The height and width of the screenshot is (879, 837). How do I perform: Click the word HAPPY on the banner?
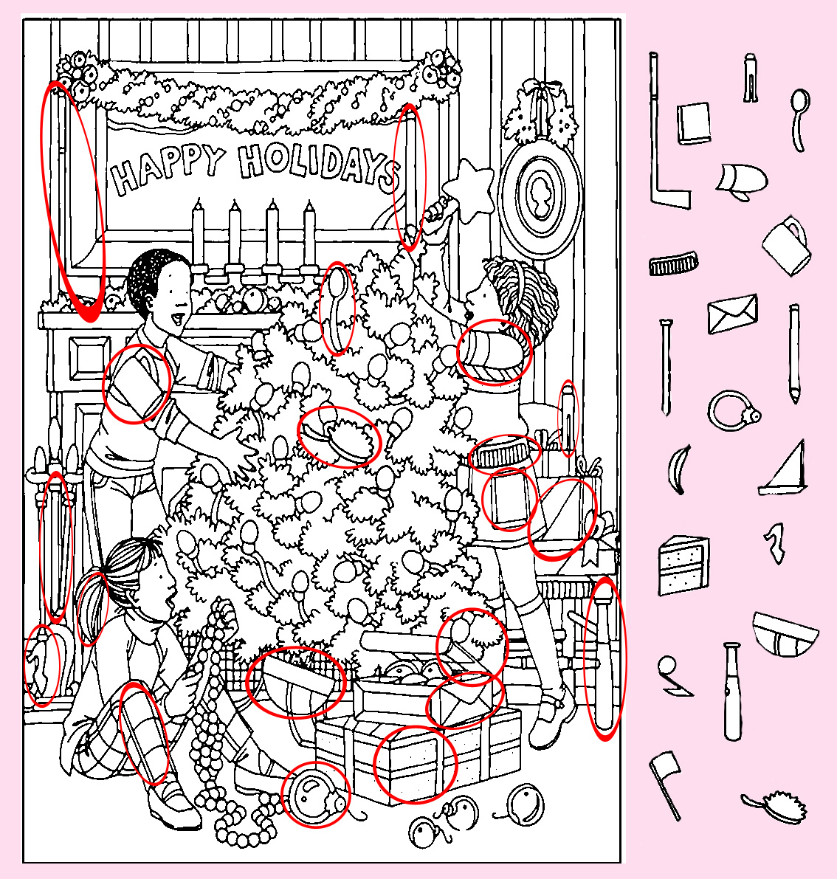(x=168, y=167)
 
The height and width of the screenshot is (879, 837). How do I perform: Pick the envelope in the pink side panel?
(x=733, y=314)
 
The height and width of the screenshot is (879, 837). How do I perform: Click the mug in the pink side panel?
(x=787, y=245)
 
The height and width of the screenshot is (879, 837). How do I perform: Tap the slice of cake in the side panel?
(x=683, y=565)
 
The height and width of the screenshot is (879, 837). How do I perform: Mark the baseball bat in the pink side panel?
(x=732, y=692)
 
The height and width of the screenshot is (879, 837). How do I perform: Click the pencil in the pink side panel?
(x=794, y=354)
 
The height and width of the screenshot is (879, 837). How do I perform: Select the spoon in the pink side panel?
(x=799, y=119)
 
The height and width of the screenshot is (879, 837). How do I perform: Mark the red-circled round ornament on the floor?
(x=314, y=793)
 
